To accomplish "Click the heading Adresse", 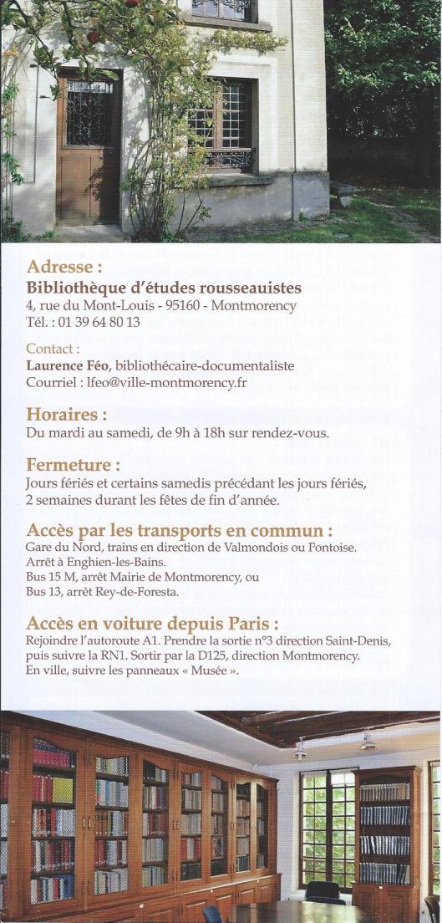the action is coord(64,268).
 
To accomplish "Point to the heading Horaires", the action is coord(67,414).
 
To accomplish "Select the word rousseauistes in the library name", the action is coord(248,288).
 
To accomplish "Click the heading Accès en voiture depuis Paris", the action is coord(153,624).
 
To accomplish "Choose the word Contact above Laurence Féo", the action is coord(53,349).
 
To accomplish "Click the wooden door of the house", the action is coord(89,150).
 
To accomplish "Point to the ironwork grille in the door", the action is coord(89,113).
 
